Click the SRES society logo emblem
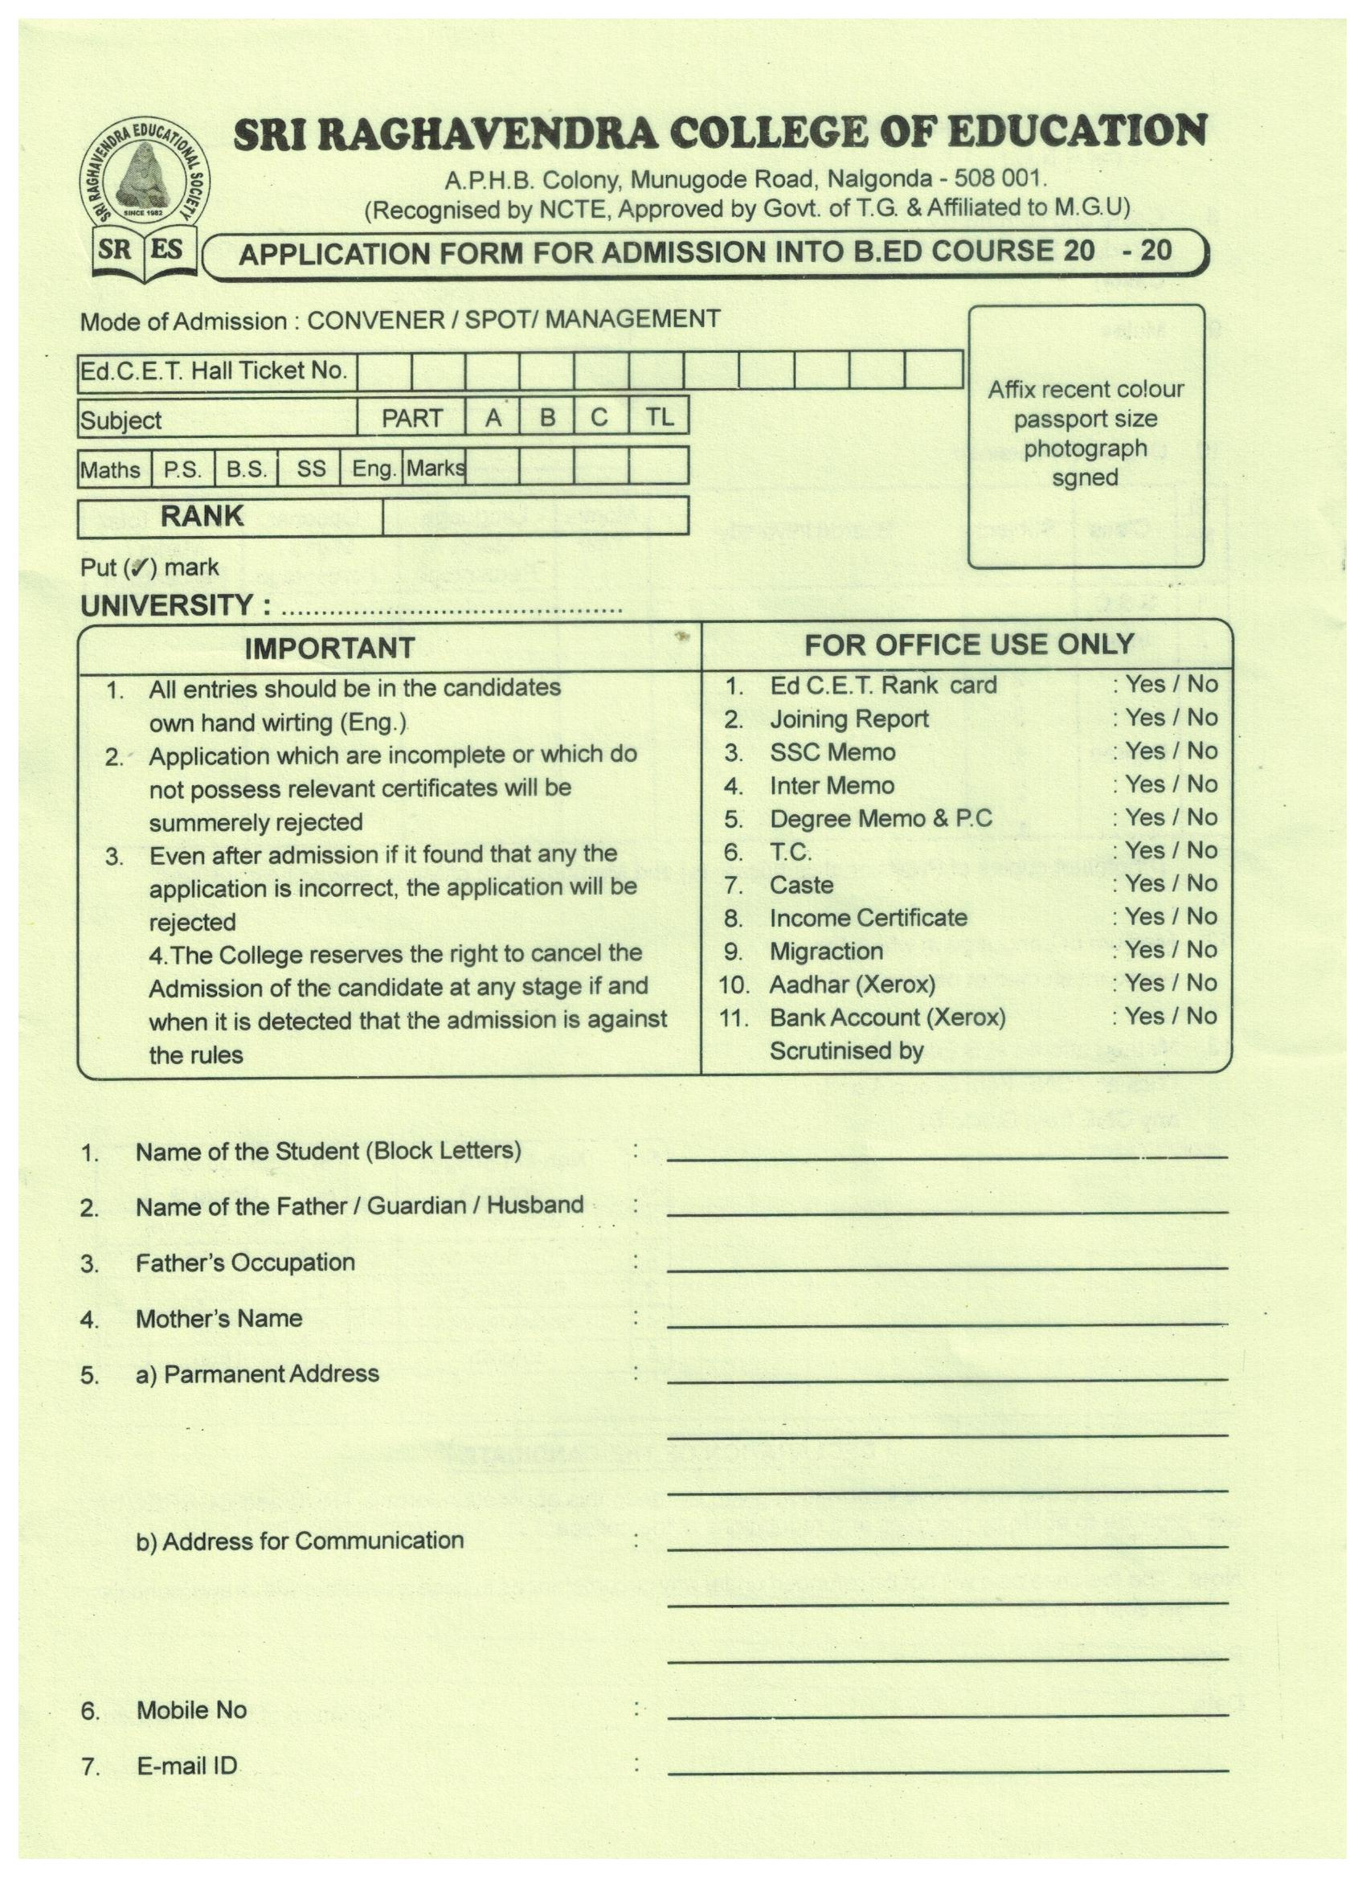pos(144,199)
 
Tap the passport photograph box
pos(1086,436)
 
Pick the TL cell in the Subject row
pos(659,417)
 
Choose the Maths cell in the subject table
pos(111,469)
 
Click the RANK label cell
pos(202,516)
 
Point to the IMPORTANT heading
pos(329,648)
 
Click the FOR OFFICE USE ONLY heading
pos(968,645)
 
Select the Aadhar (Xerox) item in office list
pos(852,985)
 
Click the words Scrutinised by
pos(846,1050)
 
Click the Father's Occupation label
pos(245,1263)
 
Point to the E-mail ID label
pos(187,1766)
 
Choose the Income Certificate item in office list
pos(868,918)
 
